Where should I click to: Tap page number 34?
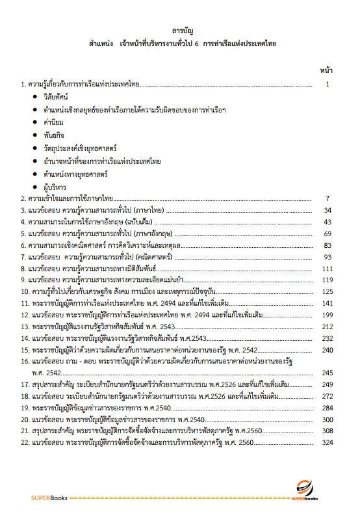pos(328,210)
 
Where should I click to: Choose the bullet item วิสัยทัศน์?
pos(58,96)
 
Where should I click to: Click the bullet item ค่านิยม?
pos(55,122)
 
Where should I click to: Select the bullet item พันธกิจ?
pos(55,135)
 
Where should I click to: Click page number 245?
pos(327,373)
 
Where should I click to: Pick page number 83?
pos(328,245)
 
